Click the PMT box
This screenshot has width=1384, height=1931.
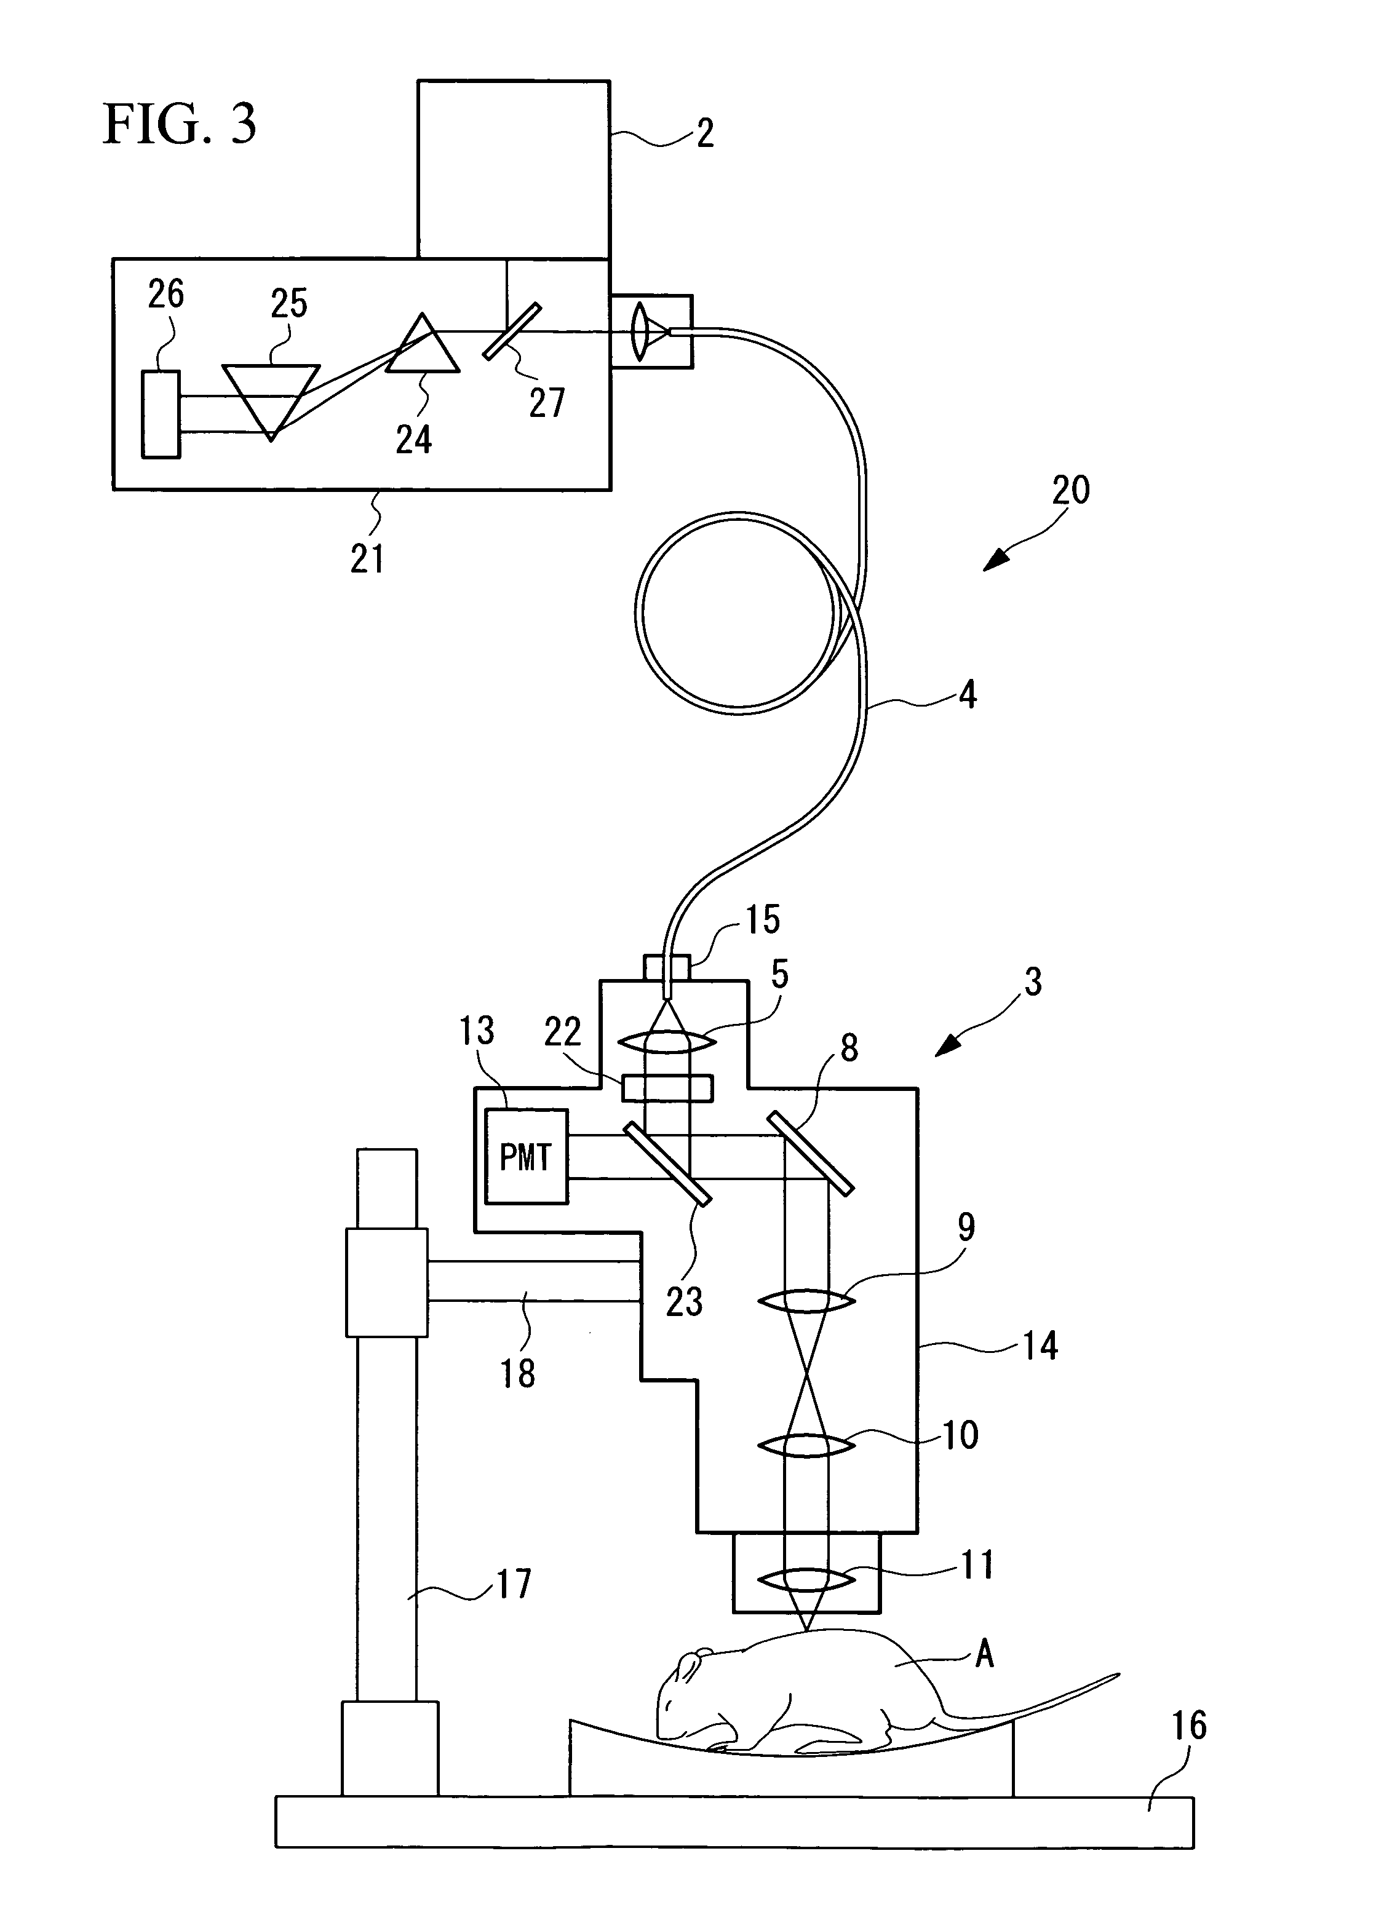click(x=525, y=1156)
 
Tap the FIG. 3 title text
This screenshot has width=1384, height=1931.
click(x=179, y=124)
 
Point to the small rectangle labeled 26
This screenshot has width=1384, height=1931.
click(x=161, y=414)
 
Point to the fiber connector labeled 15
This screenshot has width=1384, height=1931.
click(x=666, y=968)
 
